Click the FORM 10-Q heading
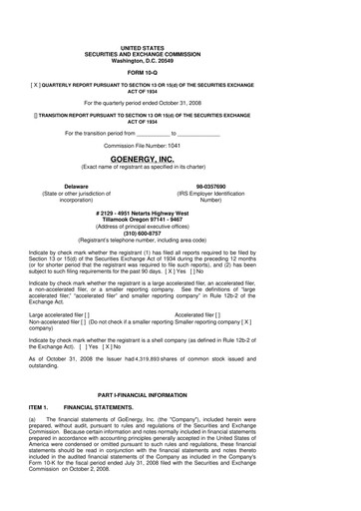tap(180, 73)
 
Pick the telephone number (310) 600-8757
tap(180, 236)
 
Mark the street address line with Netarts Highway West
tap(180, 213)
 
